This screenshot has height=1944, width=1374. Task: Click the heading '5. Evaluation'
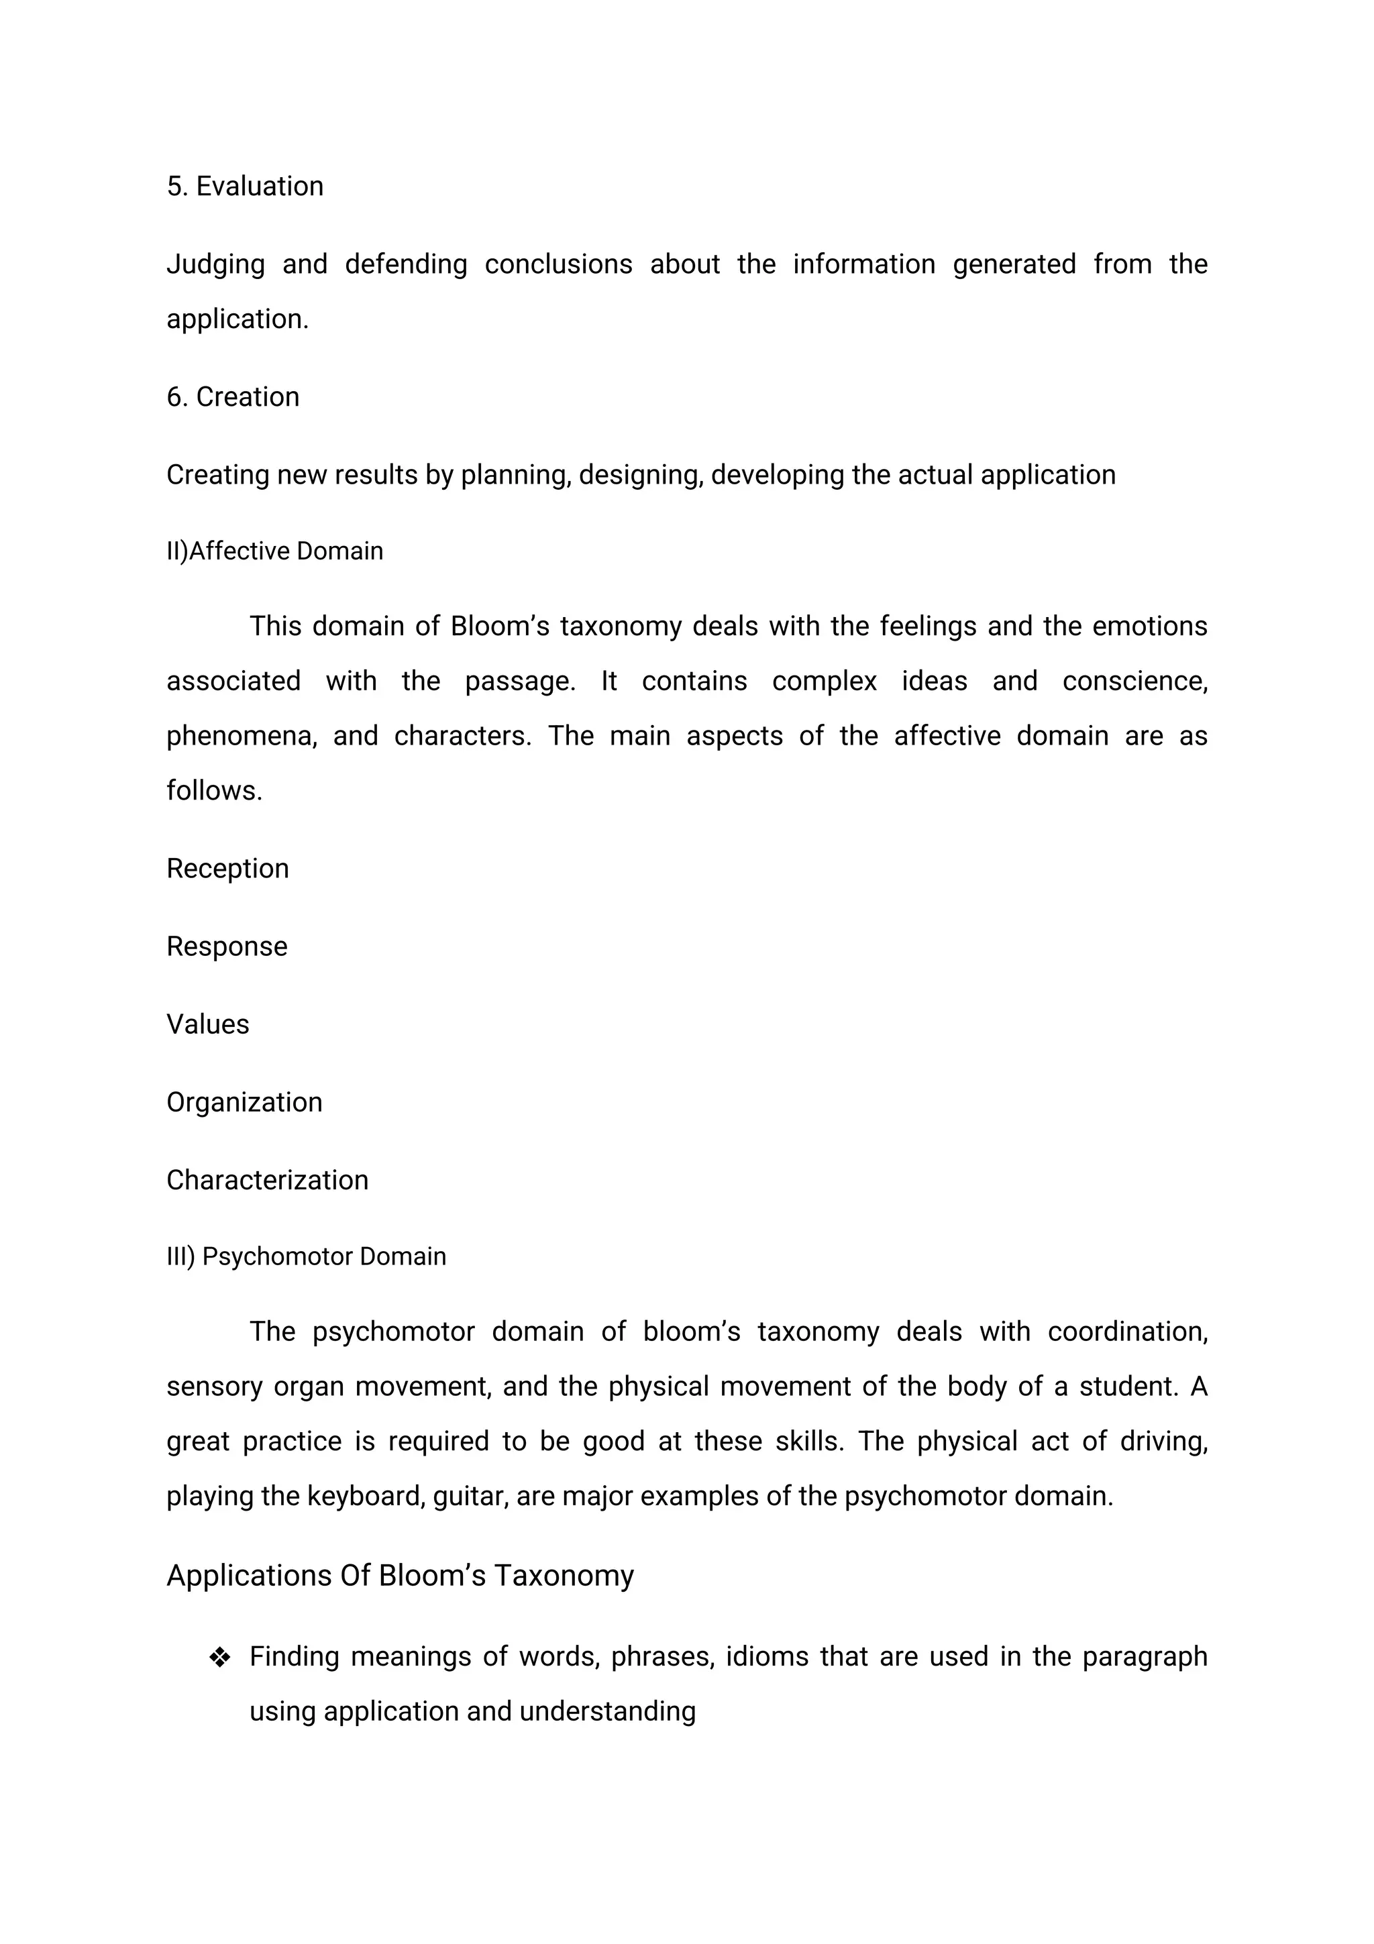pos(245,186)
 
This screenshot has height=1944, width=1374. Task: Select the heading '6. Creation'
pos(233,397)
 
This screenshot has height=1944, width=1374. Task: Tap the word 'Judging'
pos(215,265)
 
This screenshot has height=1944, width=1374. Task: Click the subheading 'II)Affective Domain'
pos(274,551)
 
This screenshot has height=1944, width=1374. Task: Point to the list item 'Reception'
pos(227,869)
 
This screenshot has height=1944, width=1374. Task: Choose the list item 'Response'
pos(226,947)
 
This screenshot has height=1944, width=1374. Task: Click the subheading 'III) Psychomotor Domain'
pos(306,1256)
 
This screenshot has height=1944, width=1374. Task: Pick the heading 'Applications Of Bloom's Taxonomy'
pos(400,1576)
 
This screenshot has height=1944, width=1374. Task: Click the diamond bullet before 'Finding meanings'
pos(219,1658)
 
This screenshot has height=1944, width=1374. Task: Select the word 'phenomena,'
pos(242,737)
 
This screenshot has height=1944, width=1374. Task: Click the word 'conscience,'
pos(1134,682)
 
